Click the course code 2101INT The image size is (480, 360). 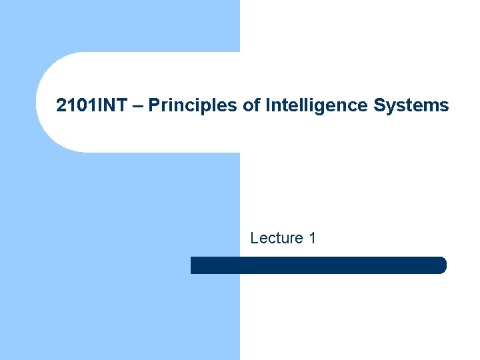pyautogui.click(x=95, y=105)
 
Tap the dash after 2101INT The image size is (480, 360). pyautogui.click(x=141, y=106)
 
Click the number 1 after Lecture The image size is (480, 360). pyautogui.click(x=311, y=238)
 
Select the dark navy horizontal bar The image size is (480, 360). pyautogui.click(x=318, y=265)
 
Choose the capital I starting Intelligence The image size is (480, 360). pyautogui.click(x=267, y=105)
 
